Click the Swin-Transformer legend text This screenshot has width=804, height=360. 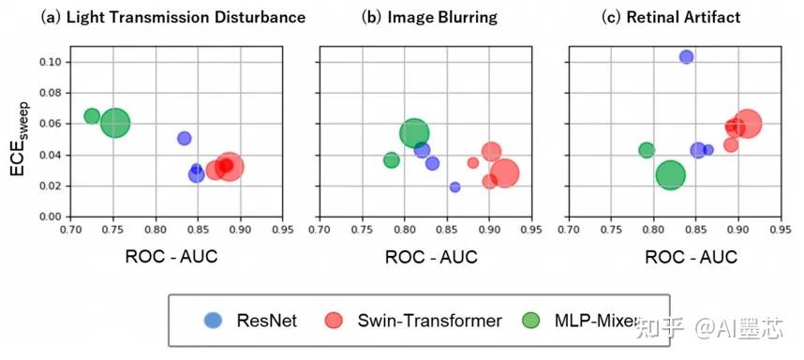pos(429,321)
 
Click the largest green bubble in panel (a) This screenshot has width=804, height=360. pos(114,123)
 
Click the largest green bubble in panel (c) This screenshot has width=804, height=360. pos(671,175)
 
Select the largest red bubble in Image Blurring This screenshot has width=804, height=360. pos(504,173)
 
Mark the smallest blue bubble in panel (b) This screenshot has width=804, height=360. pos(455,187)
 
